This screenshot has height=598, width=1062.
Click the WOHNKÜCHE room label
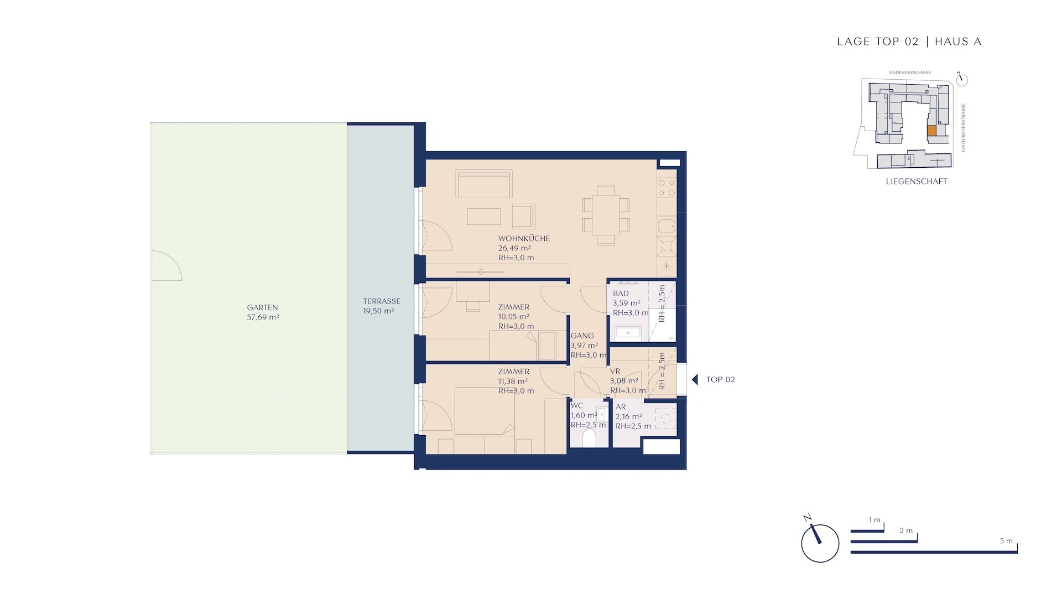(524, 239)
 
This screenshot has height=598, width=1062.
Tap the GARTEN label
(262, 308)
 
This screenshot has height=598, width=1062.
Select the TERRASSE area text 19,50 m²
(378, 311)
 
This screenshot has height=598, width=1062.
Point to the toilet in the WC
(589, 438)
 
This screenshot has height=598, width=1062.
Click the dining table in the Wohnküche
(606, 215)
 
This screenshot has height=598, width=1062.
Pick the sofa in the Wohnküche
(484, 184)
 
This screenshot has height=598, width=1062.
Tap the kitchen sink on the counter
(667, 226)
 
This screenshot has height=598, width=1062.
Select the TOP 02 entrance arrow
(695, 379)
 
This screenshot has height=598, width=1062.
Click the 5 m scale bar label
(1006, 541)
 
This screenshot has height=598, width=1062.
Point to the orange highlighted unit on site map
(931, 131)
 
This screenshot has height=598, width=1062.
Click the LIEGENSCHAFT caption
(917, 182)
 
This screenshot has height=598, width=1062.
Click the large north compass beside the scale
(820, 543)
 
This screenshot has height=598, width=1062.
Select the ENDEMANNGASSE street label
(910, 73)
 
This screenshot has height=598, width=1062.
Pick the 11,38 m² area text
(513, 381)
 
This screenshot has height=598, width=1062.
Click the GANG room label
(582, 336)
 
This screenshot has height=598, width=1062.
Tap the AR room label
(621, 407)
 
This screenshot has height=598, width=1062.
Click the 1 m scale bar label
(874, 520)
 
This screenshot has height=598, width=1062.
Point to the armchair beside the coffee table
(523, 216)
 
